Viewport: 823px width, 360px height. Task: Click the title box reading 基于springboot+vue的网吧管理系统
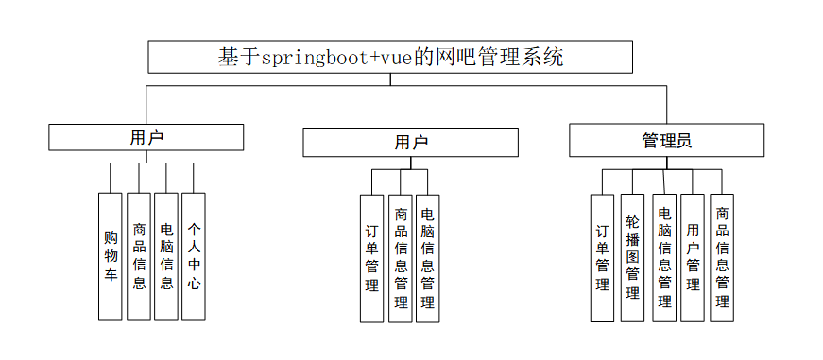(390, 57)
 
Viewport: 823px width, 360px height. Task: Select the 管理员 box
(666, 142)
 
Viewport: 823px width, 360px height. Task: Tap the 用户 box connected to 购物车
(146, 137)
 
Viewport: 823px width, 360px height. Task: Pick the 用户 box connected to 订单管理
(410, 143)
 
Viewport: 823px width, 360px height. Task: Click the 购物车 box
(111, 256)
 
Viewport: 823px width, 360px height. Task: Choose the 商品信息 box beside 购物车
(139, 256)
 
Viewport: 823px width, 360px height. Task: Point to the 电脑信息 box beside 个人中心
(166, 256)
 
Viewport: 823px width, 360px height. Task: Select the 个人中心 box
(194, 256)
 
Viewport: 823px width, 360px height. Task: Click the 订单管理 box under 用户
(372, 258)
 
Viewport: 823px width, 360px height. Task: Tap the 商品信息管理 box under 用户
(401, 258)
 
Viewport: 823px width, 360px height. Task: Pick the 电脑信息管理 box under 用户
(428, 258)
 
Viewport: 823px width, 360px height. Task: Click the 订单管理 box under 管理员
(603, 258)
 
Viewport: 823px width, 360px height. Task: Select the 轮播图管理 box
(633, 258)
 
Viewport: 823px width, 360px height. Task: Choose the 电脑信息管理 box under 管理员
(664, 258)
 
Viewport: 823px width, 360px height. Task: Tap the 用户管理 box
(694, 258)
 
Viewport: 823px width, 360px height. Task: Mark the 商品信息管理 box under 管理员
(722, 258)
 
